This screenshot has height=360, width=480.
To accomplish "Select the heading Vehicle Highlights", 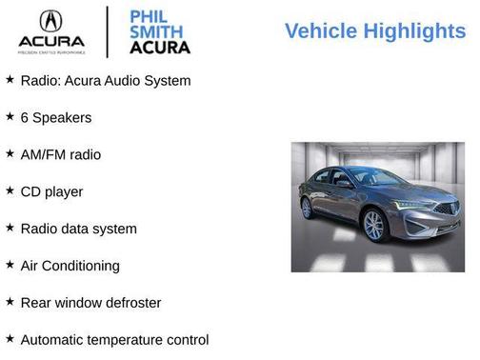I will point(375,31).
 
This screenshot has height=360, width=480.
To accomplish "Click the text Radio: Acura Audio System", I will point(105,81).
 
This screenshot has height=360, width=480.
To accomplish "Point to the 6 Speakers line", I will point(55,118).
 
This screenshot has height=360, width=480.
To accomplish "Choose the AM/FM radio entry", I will point(60,154).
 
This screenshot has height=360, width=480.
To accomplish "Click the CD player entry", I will point(51,191).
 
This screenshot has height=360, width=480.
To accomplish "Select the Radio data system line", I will point(78,229).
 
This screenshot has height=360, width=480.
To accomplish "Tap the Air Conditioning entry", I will point(70,266).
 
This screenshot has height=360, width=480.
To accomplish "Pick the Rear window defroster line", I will point(90,303).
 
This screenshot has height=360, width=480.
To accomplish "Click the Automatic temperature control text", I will point(113,340).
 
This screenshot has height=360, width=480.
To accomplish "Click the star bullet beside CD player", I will point(10,190).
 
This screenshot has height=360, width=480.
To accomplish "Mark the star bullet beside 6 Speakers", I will point(10,116).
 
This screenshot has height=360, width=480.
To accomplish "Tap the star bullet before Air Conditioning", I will point(10,265).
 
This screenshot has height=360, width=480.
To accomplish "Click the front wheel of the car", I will point(374,226).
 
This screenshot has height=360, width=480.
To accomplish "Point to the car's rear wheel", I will point(308,208).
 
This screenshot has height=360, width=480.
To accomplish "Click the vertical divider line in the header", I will point(108,31).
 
